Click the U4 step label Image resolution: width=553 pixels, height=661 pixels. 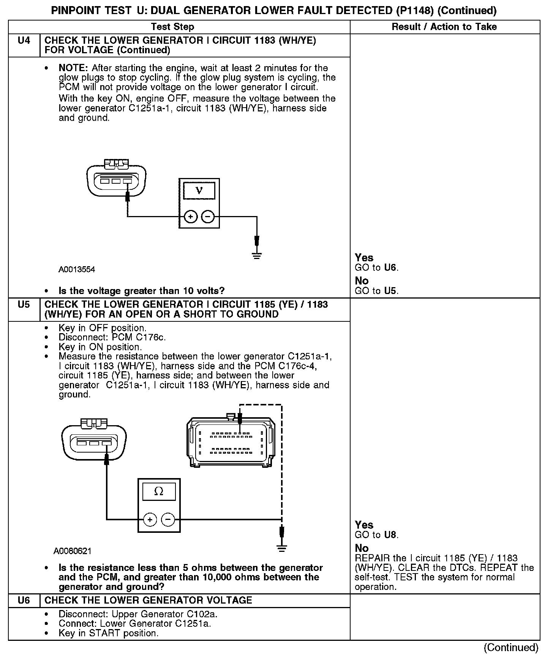(x=24, y=40)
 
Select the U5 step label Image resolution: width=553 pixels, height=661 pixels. (x=24, y=305)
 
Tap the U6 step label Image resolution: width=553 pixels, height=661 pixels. (x=24, y=600)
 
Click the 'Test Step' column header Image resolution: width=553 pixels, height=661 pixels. (x=172, y=27)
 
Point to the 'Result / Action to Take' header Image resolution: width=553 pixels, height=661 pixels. (x=444, y=27)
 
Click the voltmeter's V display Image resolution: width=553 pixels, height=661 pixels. (x=199, y=190)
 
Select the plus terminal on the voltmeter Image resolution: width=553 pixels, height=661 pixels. (x=190, y=217)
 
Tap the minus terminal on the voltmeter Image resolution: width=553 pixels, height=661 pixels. (x=208, y=217)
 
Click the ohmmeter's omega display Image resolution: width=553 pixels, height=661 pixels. (x=159, y=491)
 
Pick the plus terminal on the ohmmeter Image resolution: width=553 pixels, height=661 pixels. (x=150, y=519)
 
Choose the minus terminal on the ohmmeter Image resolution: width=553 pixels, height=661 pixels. (x=168, y=519)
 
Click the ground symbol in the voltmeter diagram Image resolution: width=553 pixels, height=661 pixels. (x=257, y=255)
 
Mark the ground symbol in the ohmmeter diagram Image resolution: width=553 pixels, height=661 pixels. (x=281, y=548)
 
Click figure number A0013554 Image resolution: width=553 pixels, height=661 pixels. (x=77, y=270)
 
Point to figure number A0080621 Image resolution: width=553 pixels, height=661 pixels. (x=73, y=551)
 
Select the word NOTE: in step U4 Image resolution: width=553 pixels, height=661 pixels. (x=73, y=68)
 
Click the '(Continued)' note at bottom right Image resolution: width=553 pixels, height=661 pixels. (x=511, y=647)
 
